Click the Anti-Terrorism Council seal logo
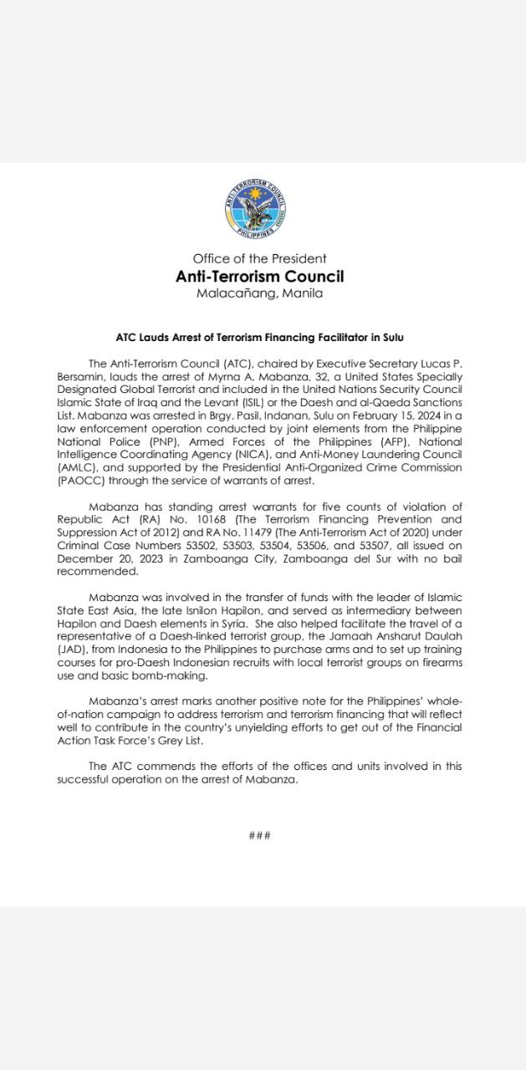pyautogui.click(x=256, y=210)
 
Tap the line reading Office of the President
pyautogui.click(x=259, y=259)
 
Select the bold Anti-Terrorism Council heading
pyautogui.click(x=259, y=276)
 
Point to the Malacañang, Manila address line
pyautogui.click(x=259, y=293)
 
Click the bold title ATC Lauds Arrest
pyautogui.click(x=259, y=338)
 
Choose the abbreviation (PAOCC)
pyautogui.click(x=81, y=482)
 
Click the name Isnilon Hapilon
pyautogui.click(x=217, y=611)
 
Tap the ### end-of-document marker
pyautogui.click(x=259, y=836)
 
